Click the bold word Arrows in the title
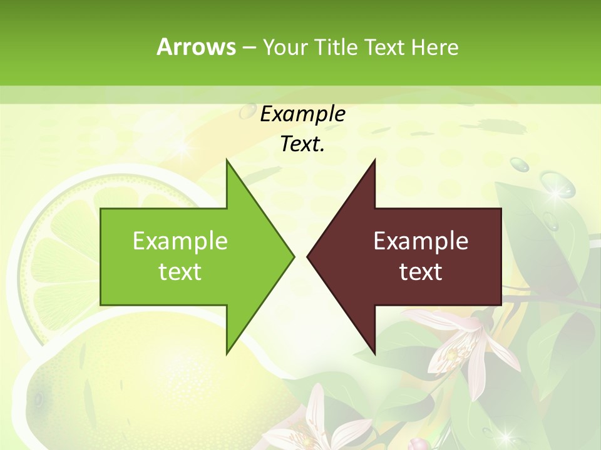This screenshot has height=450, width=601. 196,47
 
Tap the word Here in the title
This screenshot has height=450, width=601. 434,47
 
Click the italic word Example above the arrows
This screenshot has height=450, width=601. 302,114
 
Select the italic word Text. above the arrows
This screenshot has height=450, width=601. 302,144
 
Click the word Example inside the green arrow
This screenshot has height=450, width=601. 180,241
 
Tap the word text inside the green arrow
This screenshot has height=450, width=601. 180,272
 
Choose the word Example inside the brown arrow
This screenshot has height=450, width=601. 421,241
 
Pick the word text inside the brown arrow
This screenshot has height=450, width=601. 421,272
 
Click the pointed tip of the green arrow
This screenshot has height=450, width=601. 293,256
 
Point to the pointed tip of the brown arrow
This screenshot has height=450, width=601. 308,256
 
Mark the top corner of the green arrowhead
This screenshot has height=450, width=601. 227,161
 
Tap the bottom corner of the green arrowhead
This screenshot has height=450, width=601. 227,352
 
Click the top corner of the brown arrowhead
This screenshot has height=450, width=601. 374,161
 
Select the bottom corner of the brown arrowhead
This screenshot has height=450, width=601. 374,352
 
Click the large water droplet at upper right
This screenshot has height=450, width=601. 557,184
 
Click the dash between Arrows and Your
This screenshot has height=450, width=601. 249,47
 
